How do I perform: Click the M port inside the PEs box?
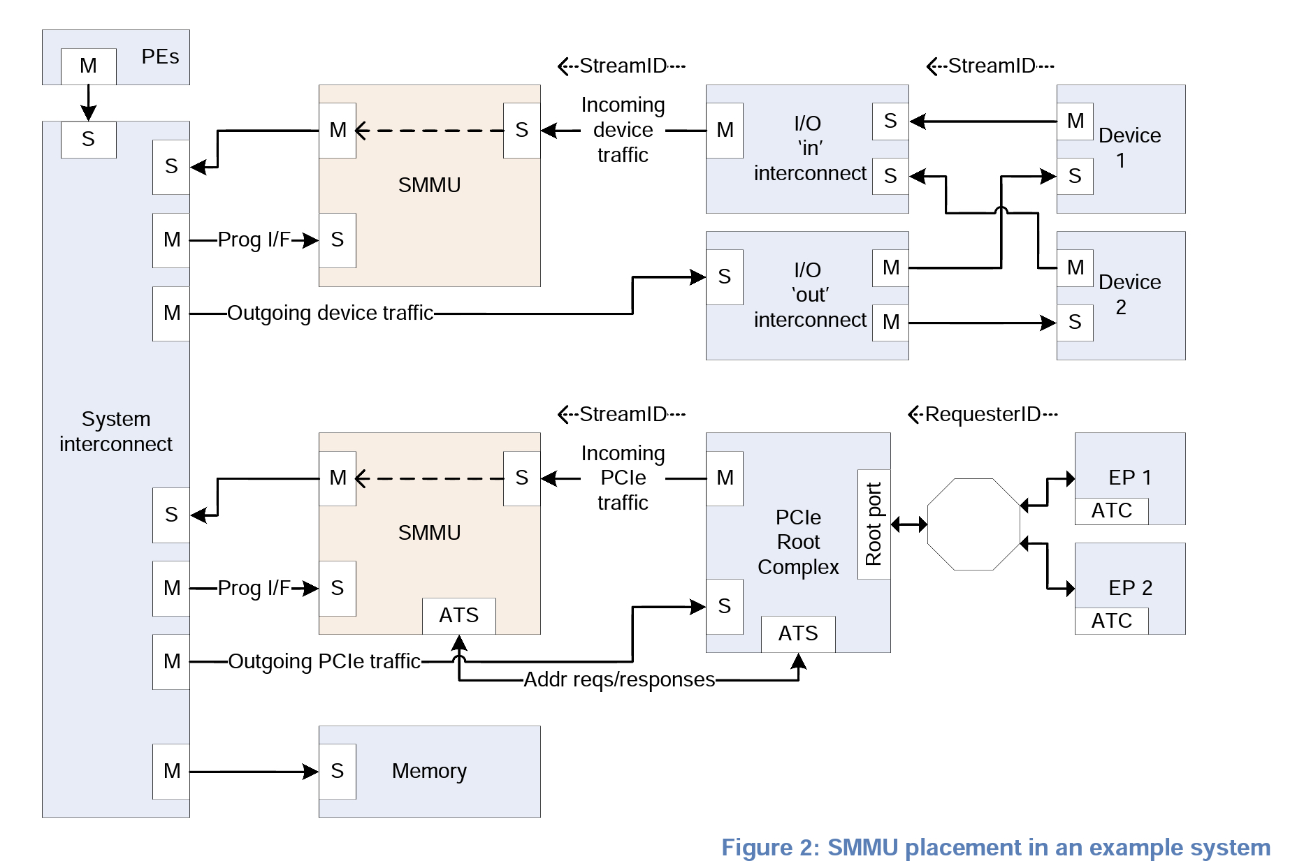[88, 66]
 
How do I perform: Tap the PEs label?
[160, 57]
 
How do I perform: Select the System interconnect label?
[115, 431]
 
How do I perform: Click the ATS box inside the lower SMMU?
[458, 615]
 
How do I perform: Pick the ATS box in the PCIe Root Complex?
[797, 633]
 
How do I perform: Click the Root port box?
[874, 524]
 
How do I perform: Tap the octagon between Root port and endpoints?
[973, 524]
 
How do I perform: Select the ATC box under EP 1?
[1111, 510]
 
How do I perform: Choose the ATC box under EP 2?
[1111, 621]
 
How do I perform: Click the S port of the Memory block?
[338, 771]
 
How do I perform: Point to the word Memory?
[429, 771]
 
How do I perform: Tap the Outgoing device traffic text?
[330, 313]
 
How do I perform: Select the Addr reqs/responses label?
[619, 679]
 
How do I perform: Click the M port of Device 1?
[1075, 122]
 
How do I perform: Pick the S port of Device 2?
[1075, 323]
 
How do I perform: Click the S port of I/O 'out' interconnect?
[724, 277]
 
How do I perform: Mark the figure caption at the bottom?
[995, 847]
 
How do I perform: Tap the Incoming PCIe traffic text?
[623, 478]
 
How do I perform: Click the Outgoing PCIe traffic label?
[324, 661]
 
